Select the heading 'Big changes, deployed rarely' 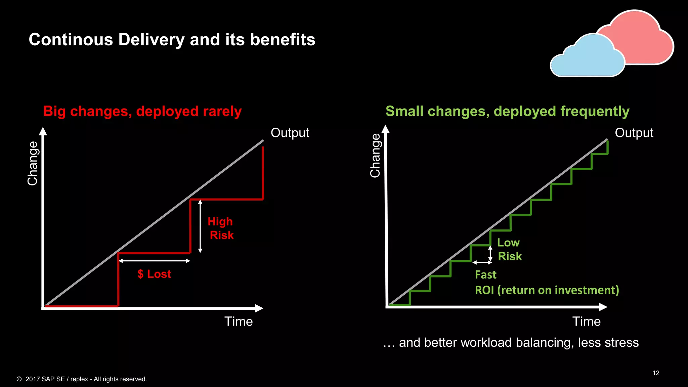(x=142, y=111)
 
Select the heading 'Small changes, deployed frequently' (x=507, y=111)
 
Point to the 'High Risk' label (x=220, y=228)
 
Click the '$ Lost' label (x=154, y=274)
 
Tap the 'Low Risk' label (x=509, y=250)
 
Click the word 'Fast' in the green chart (x=485, y=275)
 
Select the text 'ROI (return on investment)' (x=547, y=290)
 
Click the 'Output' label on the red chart (x=290, y=133)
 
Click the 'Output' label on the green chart (x=634, y=133)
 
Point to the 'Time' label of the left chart (x=239, y=321)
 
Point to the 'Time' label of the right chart (x=586, y=321)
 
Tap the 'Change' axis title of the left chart (x=33, y=163)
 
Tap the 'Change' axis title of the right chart (x=375, y=156)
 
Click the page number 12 (x=656, y=373)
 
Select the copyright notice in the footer (x=82, y=379)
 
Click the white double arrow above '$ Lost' (x=155, y=261)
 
